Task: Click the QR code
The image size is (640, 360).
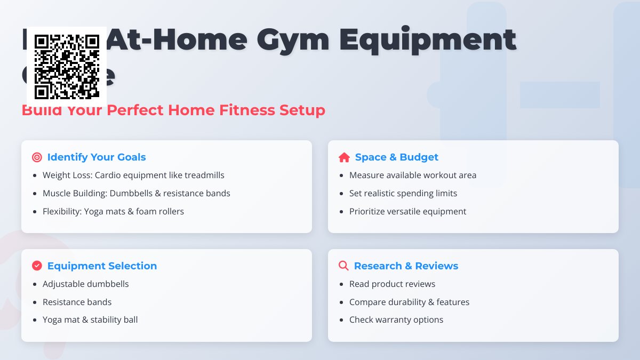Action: pos(67,67)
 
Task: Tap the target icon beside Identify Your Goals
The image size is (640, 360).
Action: pos(37,157)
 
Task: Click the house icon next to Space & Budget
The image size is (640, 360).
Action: pos(344,157)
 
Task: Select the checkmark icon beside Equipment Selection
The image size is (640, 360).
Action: pos(37,266)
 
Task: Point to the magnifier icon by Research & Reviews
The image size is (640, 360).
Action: pos(343,266)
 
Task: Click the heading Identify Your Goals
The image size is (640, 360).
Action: pos(97,157)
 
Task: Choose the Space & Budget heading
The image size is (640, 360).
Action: pos(396,157)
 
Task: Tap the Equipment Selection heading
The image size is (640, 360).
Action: pos(102,266)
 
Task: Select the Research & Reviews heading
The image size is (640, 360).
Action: pos(406,266)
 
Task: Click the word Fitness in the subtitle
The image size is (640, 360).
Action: pos(247,110)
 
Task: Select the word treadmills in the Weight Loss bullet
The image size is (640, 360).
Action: pos(204,175)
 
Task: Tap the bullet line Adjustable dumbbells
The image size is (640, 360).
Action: pos(86,284)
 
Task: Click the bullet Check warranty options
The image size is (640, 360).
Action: pos(396,320)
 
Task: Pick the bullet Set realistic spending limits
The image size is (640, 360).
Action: pos(403,193)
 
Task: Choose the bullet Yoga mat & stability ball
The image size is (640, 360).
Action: pos(90,320)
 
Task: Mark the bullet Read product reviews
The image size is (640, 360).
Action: pos(392,284)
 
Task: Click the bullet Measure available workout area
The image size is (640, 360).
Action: pos(413,175)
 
